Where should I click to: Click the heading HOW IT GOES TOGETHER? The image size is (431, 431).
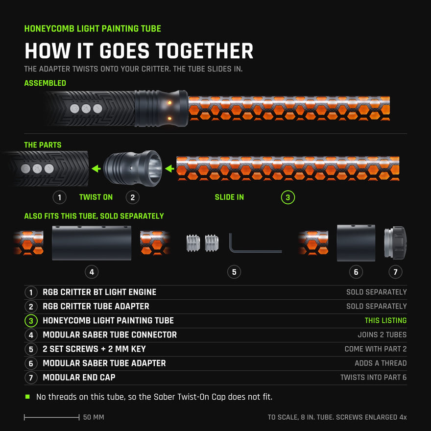click(x=139, y=51)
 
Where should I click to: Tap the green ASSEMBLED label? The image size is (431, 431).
click(x=45, y=83)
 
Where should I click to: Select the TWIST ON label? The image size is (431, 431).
click(x=96, y=197)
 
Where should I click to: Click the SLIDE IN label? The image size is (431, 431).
click(x=229, y=197)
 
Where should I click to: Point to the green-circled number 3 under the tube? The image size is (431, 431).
click(x=288, y=197)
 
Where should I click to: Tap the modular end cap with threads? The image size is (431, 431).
click(x=395, y=243)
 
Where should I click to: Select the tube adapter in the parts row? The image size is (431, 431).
click(x=133, y=168)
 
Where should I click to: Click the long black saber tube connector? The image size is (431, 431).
click(x=92, y=243)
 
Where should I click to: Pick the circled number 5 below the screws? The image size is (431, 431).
click(x=234, y=272)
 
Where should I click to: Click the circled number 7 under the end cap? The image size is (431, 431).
click(x=396, y=272)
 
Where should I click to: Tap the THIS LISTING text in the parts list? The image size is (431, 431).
click(x=385, y=320)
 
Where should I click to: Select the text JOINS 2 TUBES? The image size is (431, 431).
click(x=382, y=335)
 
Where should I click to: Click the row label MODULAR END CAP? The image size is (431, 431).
click(x=79, y=378)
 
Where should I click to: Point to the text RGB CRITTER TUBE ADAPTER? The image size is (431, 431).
click(x=96, y=306)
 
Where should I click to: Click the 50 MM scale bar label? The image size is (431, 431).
click(x=94, y=417)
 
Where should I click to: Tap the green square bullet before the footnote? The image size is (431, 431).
click(x=27, y=397)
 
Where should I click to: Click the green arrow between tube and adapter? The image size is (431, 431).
click(x=169, y=168)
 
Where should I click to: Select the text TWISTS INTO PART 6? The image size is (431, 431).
click(x=374, y=378)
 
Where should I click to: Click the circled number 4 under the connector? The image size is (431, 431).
click(x=92, y=272)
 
